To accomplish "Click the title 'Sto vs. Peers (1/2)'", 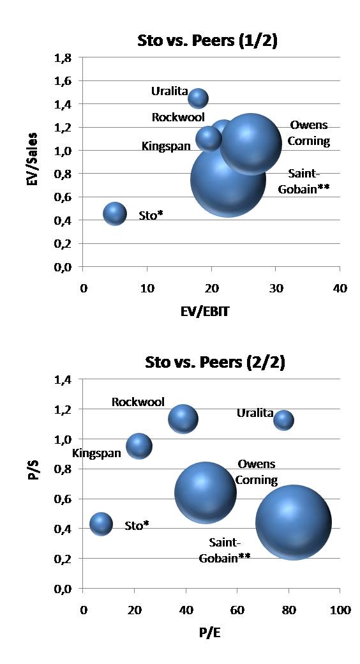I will coord(207,41).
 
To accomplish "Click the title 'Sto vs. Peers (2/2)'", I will coord(207,363).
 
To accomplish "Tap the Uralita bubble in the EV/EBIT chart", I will coord(198,98).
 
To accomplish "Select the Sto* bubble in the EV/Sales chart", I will coord(115,214).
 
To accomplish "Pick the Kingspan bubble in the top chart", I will coord(208,139).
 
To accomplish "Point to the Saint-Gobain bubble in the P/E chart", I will coord(294,522).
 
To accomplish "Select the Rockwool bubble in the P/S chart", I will coord(183,419).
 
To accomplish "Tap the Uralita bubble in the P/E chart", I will coord(283,420).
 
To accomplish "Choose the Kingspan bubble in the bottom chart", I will coord(139,446).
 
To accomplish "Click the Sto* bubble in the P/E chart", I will coord(101,524).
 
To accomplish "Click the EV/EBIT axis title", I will coord(211,313).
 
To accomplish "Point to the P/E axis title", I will coord(211,634).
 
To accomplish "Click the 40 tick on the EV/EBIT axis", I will coord(340,289).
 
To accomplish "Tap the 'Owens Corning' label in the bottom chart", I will coord(257,472).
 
